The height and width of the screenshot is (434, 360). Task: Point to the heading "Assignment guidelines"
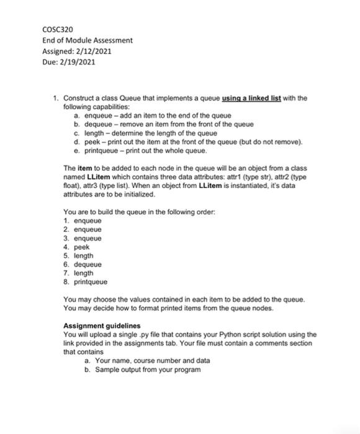coord(102,325)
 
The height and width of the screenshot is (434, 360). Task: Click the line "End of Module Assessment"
coord(87,40)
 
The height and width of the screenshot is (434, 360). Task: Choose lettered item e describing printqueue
coord(149,150)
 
